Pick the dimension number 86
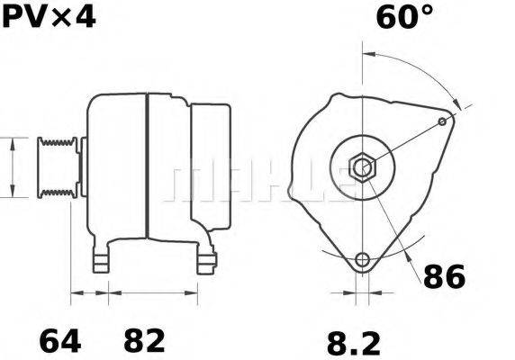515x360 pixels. (444, 276)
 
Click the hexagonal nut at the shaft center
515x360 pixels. (362, 166)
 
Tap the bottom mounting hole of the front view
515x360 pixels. (363, 260)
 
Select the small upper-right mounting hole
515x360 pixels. (442, 121)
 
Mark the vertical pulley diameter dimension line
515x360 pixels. (12, 166)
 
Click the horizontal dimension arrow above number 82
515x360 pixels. (153, 292)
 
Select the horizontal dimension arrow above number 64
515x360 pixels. (89, 292)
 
